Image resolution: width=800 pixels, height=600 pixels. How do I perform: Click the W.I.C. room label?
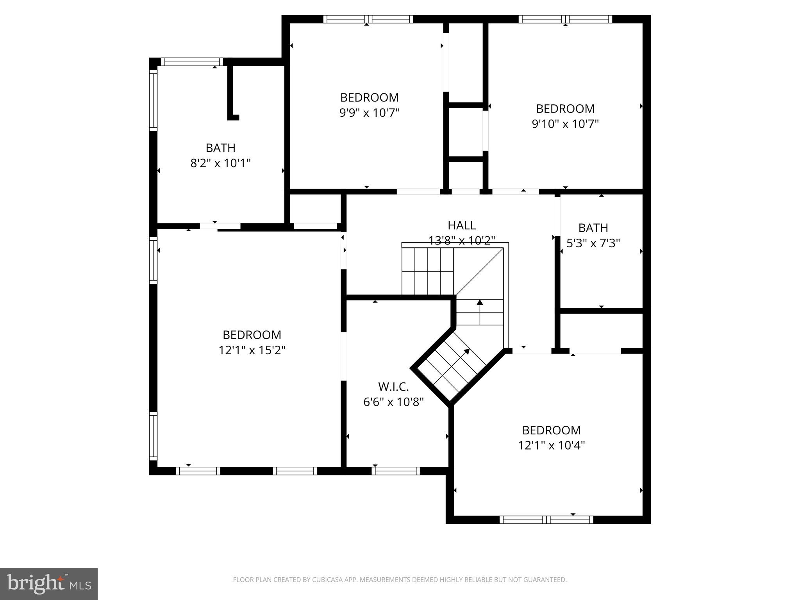click(393, 387)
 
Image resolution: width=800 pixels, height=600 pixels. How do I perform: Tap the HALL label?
click(461, 225)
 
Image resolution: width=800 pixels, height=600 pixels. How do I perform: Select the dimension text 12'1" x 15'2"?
click(252, 350)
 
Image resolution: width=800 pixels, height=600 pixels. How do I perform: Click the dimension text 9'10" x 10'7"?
click(565, 124)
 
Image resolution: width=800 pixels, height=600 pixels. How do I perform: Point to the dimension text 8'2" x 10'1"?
click(220, 163)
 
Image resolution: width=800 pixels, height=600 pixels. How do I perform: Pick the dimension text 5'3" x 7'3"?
click(593, 243)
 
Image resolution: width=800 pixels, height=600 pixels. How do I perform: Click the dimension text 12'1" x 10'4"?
click(551, 445)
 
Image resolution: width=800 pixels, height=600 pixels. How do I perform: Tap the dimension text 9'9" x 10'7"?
click(369, 113)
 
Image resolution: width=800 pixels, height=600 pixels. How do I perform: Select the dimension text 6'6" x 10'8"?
click(393, 402)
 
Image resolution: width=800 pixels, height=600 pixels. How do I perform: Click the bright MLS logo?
click(49, 584)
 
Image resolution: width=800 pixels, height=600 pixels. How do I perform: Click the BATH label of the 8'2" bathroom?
click(220, 148)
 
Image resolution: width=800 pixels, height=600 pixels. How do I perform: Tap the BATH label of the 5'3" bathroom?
click(593, 228)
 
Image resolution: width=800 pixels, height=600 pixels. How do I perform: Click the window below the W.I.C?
click(395, 471)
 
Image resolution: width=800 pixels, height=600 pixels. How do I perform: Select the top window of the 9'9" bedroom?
click(368, 19)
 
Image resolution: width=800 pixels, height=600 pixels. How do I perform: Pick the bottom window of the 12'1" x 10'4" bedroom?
click(546, 520)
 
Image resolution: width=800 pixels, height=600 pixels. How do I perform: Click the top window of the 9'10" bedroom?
click(565, 19)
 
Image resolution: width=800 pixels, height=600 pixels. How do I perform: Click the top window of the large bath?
click(192, 62)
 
